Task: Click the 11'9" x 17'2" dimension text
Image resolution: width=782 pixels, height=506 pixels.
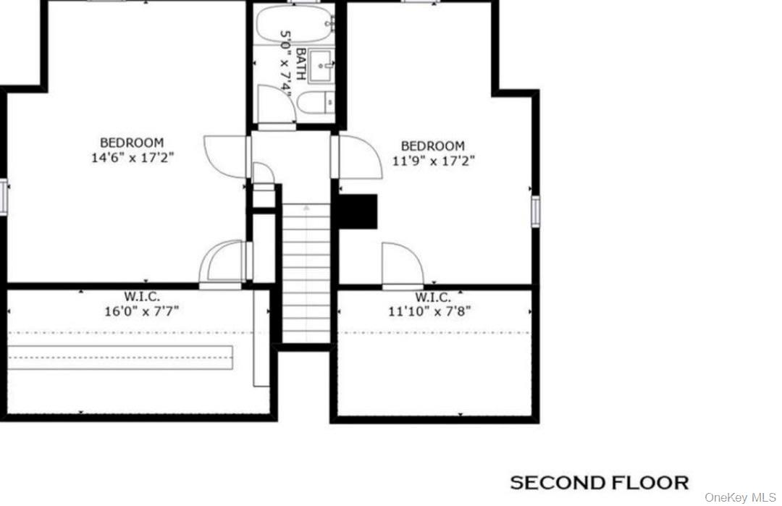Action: coord(433,161)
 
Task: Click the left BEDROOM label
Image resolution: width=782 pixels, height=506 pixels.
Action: coord(132,143)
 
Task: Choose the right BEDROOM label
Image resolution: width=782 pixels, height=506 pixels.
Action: coord(433,146)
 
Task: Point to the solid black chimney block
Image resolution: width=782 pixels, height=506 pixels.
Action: coord(359,211)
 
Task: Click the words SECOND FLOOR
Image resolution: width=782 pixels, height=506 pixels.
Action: coord(600,482)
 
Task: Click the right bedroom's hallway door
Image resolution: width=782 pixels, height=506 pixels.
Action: coord(358,155)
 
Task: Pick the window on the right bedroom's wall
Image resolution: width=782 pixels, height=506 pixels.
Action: coord(536,211)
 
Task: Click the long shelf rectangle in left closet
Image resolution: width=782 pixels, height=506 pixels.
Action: coord(119,357)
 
